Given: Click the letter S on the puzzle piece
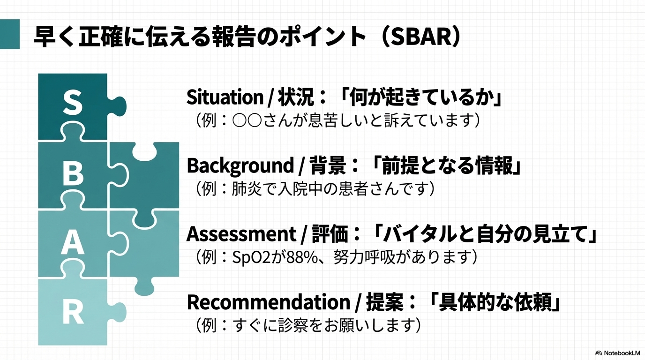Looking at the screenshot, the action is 73,103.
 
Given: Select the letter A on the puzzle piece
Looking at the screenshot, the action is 73,243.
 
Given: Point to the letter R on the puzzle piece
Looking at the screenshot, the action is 73,313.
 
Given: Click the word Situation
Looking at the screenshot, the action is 225,97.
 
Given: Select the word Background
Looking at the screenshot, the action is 240,166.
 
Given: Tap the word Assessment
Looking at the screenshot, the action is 241,234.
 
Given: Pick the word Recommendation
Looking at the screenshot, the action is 269,302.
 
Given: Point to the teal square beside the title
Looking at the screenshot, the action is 10,34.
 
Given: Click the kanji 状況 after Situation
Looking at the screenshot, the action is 295,97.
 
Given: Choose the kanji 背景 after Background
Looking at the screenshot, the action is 328,166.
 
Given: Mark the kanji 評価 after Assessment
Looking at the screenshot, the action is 330,234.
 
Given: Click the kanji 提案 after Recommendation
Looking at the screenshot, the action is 384,302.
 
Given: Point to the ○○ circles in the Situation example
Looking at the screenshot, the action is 247,120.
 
